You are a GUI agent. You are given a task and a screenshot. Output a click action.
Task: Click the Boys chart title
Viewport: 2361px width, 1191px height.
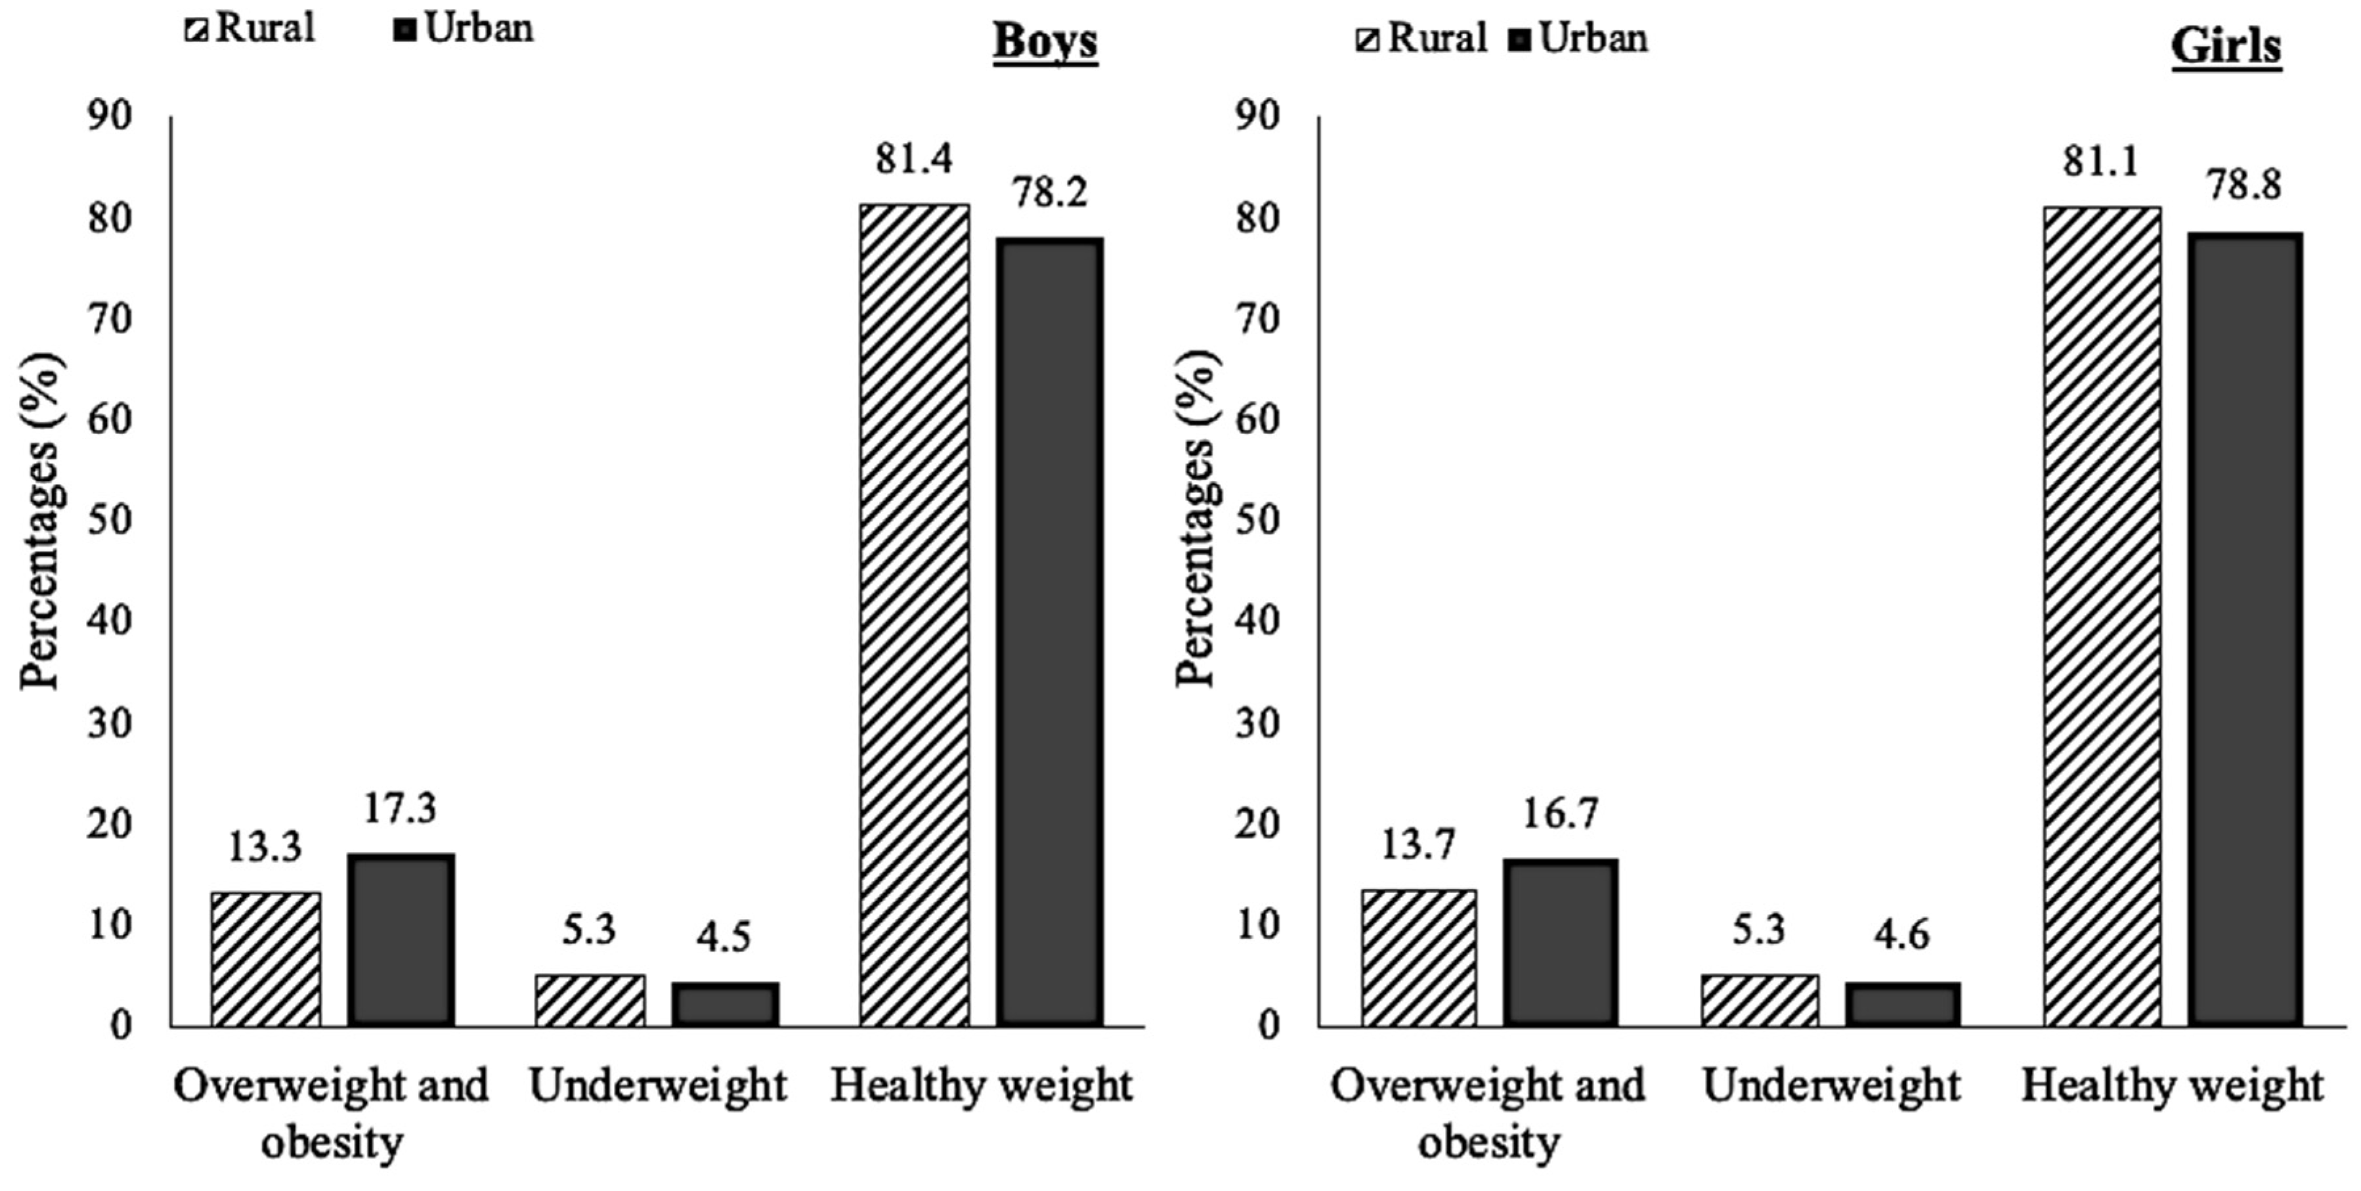click(1045, 41)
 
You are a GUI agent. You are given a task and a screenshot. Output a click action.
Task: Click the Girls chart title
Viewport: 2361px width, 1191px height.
click(2225, 46)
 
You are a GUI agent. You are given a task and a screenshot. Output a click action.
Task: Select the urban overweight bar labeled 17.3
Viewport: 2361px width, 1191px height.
click(401, 940)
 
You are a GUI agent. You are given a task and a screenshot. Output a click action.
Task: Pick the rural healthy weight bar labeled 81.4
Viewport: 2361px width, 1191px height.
click(914, 615)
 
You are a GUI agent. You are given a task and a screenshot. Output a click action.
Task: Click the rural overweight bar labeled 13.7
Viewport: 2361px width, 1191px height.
click(1418, 957)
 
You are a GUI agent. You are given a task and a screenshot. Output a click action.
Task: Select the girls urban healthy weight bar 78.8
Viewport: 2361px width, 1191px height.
click(2245, 628)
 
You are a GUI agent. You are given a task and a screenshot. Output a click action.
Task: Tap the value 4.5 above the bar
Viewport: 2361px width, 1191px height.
click(724, 937)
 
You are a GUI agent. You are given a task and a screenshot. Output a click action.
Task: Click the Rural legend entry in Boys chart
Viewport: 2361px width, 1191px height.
click(251, 30)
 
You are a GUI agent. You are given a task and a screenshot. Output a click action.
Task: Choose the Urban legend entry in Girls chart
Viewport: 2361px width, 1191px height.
click(1578, 39)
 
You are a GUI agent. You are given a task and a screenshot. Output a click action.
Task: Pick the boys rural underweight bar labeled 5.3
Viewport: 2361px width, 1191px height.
click(590, 1001)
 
